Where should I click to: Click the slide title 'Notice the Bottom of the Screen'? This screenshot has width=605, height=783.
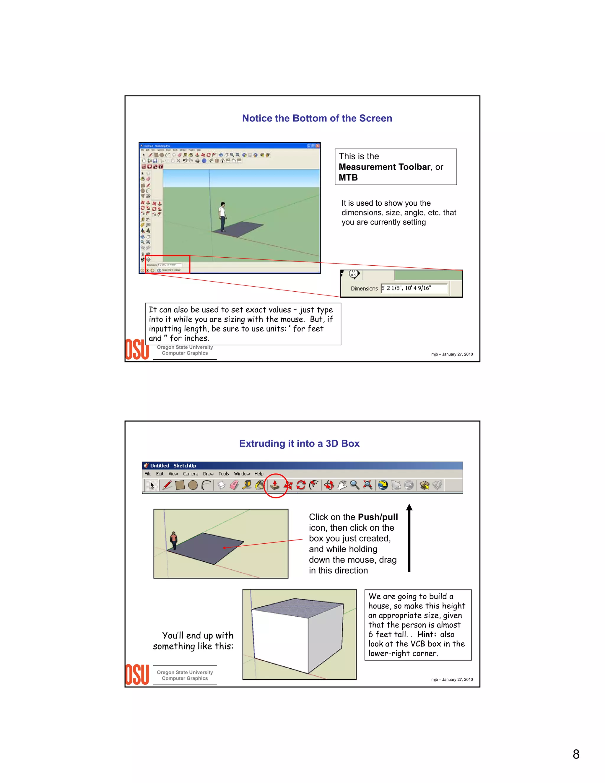pyautogui.click(x=317, y=118)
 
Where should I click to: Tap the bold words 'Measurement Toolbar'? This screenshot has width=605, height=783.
pyautogui.click(x=384, y=167)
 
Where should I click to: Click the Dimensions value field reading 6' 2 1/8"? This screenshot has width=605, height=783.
pyautogui.click(x=414, y=288)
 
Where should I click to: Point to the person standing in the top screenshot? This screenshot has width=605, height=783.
pyautogui.click(x=222, y=217)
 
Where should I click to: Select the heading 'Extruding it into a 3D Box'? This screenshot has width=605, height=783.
pyautogui.click(x=299, y=444)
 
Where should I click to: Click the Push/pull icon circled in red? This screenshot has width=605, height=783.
pyautogui.click(x=275, y=485)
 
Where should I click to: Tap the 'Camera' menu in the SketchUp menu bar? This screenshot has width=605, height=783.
pyautogui.click(x=190, y=474)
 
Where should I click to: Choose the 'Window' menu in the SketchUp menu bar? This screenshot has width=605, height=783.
pyautogui.click(x=242, y=474)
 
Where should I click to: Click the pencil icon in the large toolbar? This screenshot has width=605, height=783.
pyautogui.click(x=167, y=485)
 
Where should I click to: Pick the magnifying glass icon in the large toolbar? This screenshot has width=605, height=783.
pyautogui.click(x=354, y=485)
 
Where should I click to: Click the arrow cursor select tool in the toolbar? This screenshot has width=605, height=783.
pyautogui.click(x=152, y=485)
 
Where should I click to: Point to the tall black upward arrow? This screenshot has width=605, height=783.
pyautogui.click(x=409, y=538)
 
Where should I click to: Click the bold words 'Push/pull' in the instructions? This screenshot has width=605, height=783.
pyautogui.click(x=378, y=517)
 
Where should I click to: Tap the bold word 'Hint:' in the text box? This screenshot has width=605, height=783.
pyautogui.click(x=427, y=634)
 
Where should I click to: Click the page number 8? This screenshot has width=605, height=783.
pyautogui.click(x=576, y=754)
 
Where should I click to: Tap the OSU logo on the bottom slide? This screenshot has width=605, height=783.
pyautogui.click(x=137, y=675)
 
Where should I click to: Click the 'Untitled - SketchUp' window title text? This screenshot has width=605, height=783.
pyautogui.click(x=173, y=466)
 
